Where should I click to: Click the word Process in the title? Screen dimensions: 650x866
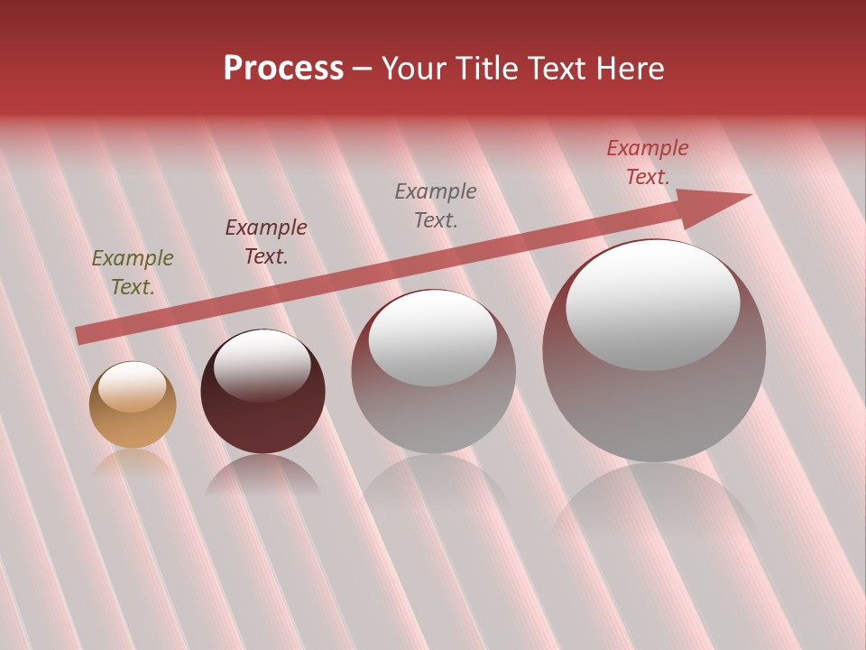click(x=283, y=69)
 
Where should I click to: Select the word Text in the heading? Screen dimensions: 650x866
click(x=557, y=69)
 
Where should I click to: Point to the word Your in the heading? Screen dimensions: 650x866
click(x=415, y=69)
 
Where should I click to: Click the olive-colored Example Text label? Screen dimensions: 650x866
click(x=133, y=273)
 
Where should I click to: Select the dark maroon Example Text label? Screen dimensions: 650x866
click(x=266, y=242)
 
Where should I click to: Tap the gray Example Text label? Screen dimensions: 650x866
click(x=436, y=205)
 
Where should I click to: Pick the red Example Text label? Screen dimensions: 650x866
click(x=648, y=162)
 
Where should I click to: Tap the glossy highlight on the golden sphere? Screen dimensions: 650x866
click(x=133, y=387)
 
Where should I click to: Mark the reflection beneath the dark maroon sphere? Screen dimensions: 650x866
click(x=263, y=474)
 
